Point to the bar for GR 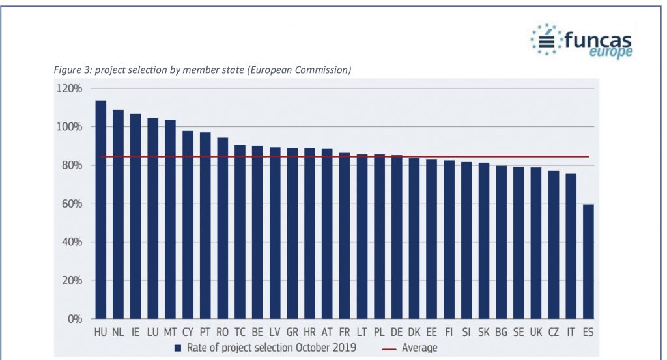tap(292, 234)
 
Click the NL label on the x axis tap(118, 332)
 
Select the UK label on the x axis tap(536, 332)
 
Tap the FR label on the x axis tap(345, 332)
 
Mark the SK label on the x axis tap(484, 332)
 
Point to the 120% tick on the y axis tap(68, 89)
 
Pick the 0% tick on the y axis tap(73, 320)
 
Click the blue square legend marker tap(177, 348)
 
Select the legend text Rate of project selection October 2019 tap(270, 348)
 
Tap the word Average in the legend tap(419, 348)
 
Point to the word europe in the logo tap(610, 52)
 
